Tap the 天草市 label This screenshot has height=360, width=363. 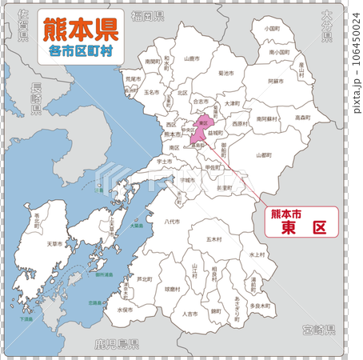point(54,242)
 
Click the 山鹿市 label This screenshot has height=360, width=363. point(191,58)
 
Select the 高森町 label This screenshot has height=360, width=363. point(301,118)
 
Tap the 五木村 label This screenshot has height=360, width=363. point(213,238)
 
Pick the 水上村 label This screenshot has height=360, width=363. point(256,254)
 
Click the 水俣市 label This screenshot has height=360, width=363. point(125,308)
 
